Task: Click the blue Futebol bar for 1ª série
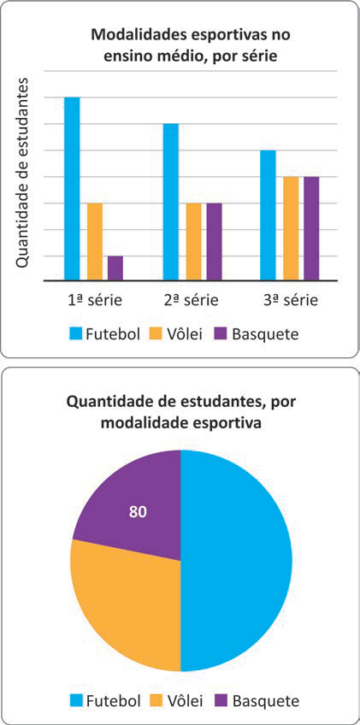click(72, 189)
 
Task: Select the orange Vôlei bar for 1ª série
click(94, 242)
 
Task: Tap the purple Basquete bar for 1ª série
click(115, 268)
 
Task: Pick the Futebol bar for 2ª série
click(171, 202)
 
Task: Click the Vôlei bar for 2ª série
click(193, 242)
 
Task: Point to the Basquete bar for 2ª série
click(214, 242)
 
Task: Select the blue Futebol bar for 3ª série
click(269, 215)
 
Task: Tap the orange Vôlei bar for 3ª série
click(291, 228)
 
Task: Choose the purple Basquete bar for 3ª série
click(311, 228)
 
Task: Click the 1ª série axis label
click(94, 300)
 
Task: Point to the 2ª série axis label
click(192, 300)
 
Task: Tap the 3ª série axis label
click(291, 300)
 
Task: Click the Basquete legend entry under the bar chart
click(257, 333)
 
